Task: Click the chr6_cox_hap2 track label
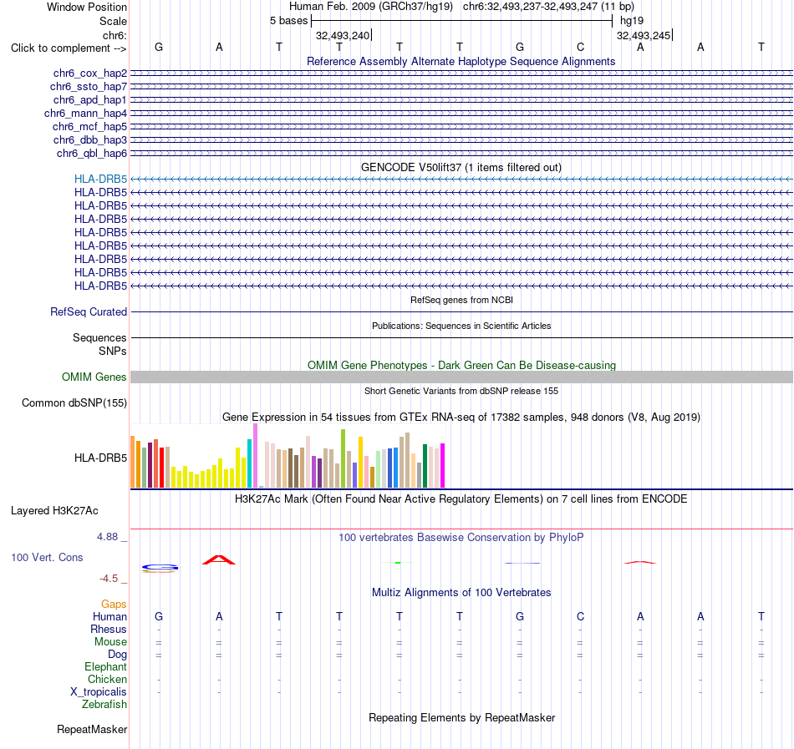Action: tap(90, 73)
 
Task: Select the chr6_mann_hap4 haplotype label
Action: tap(85, 114)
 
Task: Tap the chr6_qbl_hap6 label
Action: tap(92, 154)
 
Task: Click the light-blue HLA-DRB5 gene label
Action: tap(101, 179)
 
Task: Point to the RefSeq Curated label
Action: tap(89, 312)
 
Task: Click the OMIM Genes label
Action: tap(94, 377)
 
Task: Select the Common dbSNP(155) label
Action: tap(74, 403)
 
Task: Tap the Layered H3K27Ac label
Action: tap(54, 511)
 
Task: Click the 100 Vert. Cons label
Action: tap(47, 557)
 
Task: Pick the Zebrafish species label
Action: tap(104, 705)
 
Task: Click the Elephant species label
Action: tap(106, 667)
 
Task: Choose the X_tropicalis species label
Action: tap(99, 692)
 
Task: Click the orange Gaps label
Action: tap(114, 605)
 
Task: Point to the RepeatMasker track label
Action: tap(92, 729)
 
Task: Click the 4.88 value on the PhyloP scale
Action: tap(107, 537)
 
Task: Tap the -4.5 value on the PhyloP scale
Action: tap(109, 579)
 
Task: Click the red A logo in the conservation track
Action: tap(219, 559)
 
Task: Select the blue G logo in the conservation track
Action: tap(160, 569)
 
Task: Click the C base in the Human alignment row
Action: tap(580, 616)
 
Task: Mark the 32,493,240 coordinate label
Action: tap(343, 35)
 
